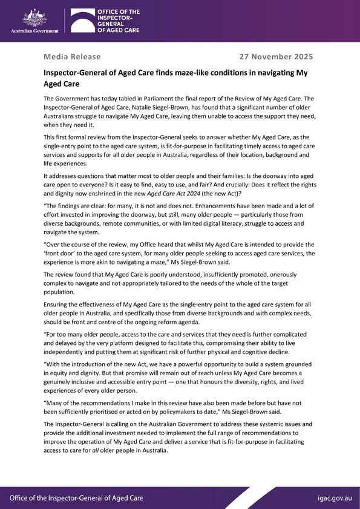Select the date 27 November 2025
[x=277, y=57]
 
